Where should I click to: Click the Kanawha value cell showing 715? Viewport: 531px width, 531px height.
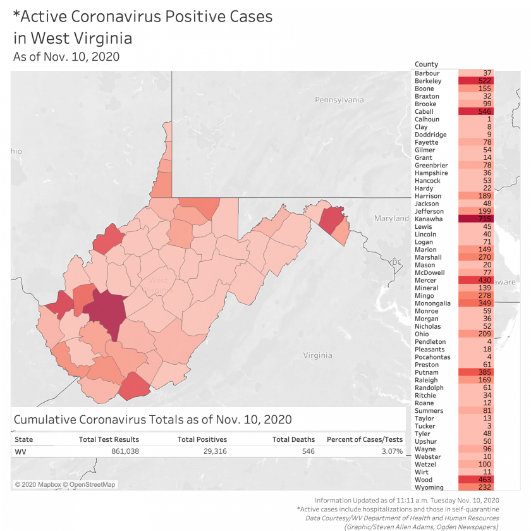point(479,219)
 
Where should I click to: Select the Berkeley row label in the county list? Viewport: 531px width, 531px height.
point(428,81)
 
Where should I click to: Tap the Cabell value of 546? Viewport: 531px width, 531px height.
point(479,111)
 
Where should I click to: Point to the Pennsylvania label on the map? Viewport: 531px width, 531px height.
point(339,100)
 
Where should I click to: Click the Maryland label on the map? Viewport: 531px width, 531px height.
point(391,218)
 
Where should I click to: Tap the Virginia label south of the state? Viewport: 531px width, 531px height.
point(317,355)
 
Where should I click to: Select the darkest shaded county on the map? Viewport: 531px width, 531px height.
point(105,313)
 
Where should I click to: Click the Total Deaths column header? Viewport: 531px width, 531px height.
point(293,439)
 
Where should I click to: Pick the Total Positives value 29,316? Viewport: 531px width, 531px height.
point(211,451)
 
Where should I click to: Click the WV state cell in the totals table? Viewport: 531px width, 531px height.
point(20,451)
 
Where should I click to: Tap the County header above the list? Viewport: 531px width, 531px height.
point(426,64)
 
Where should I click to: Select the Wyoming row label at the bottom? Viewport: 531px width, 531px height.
point(429,487)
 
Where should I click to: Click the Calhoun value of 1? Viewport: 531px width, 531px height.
point(479,119)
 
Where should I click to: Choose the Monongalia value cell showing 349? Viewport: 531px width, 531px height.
point(479,303)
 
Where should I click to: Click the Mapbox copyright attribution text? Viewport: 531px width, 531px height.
point(65,485)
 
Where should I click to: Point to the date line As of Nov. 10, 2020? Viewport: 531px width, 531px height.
point(66,56)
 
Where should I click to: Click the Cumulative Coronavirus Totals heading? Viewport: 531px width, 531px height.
point(152,420)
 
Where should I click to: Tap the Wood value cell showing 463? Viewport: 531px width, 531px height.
point(479,480)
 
